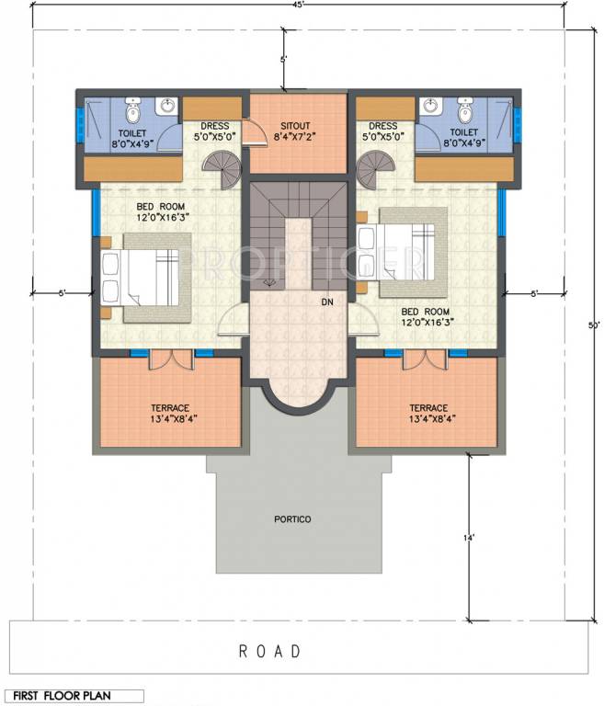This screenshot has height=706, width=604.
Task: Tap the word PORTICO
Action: (x=292, y=519)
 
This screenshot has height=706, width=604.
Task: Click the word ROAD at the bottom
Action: (x=270, y=651)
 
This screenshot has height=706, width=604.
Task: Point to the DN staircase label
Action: (x=326, y=302)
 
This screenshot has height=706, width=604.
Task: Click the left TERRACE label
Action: (x=170, y=407)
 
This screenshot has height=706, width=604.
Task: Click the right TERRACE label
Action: (x=428, y=407)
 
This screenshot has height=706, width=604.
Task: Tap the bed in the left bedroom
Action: (x=148, y=277)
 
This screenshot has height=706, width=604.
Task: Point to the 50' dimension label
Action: (x=594, y=325)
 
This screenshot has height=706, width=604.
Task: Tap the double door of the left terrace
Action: (x=169, y=359)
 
